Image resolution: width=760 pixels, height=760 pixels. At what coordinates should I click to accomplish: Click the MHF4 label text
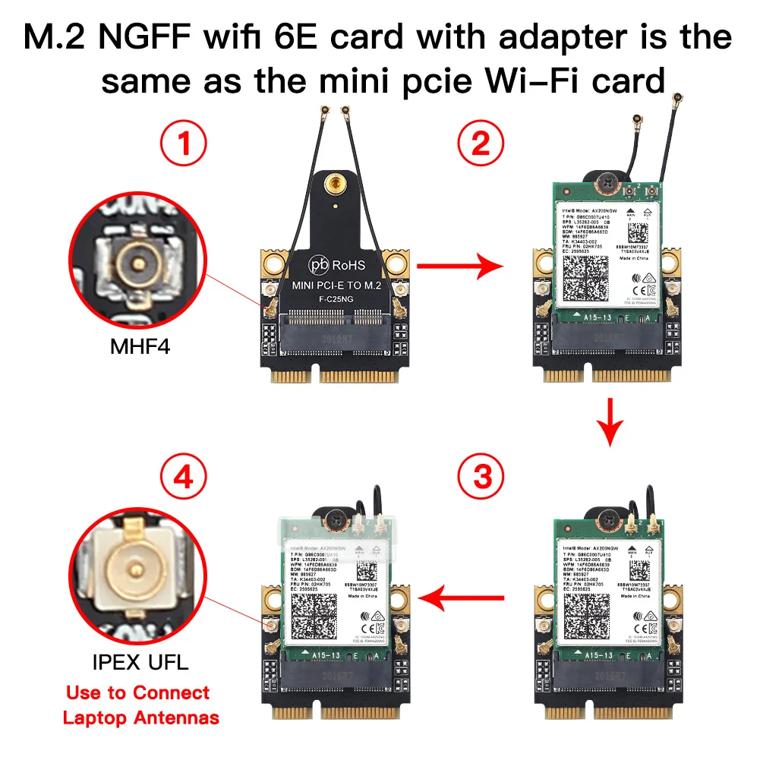pos(140,348)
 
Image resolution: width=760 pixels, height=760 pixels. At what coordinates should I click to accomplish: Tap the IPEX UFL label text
pos(140,661)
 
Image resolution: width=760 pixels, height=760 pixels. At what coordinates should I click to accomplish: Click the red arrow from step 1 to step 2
pos(461,266)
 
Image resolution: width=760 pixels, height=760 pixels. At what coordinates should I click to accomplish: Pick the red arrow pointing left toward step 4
pos(461,600)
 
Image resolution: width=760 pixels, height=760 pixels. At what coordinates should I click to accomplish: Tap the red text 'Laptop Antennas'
pos(140,717)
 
